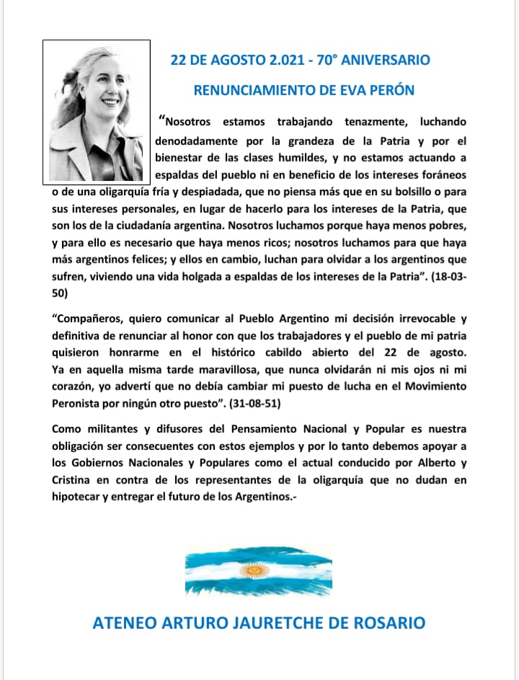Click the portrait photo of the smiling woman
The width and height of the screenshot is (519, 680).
pos(97,110)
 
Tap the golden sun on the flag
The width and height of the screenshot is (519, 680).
pos(253,571)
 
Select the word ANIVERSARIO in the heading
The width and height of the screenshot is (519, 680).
pos(391,60)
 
